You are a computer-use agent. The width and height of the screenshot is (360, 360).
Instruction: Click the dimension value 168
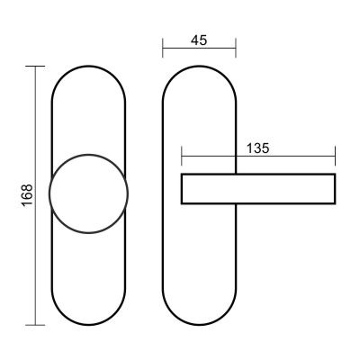point(27,194)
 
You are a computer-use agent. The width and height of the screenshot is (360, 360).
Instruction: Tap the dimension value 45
point(199,40)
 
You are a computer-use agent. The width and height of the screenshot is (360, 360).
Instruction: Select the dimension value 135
point(258,148)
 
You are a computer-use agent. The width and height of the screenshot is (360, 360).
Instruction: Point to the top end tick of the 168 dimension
point(35,66)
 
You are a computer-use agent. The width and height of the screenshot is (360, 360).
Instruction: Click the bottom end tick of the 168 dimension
point(35,325)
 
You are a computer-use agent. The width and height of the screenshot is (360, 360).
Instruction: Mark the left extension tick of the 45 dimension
point(163,48)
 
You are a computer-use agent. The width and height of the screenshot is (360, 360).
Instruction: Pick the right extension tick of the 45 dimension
point(236,48)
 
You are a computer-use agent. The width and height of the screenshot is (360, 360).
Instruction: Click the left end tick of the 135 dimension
point(182,156)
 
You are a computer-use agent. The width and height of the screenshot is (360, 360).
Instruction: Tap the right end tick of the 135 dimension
point(335,156)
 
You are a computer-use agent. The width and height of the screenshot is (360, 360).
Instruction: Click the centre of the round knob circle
point(88,193)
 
